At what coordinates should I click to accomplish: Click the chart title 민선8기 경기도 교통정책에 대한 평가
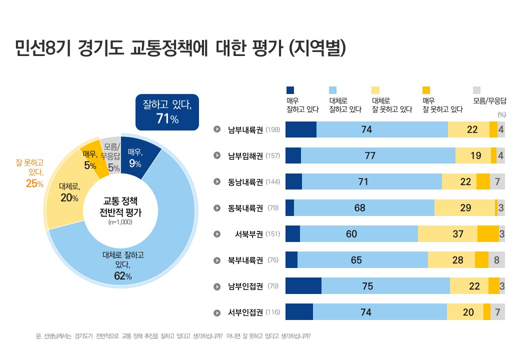(180, 48)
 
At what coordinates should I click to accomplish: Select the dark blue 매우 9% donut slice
(137, 156)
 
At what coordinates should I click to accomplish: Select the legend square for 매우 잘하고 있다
(290, 90)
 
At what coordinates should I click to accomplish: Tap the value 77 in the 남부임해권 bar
(370, 155)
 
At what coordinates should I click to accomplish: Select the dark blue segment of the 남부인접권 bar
(303, 286)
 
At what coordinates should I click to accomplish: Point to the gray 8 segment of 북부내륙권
(496, 260)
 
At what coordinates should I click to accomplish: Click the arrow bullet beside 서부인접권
(217, 312)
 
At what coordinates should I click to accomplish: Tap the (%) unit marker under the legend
(501, 114)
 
